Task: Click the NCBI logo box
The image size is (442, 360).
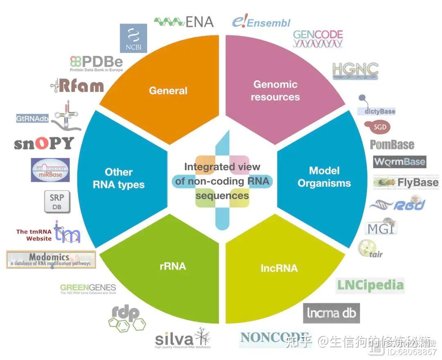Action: click(x=133, y=38)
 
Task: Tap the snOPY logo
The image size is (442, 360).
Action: click(x=44, y=143)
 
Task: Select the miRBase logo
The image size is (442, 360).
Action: click(x=50, y=170)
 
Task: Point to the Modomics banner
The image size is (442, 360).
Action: click(x=51, y=260)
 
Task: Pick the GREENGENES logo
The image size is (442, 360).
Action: click(x=88, y=288)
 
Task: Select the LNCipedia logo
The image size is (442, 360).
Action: click(x=370, y=285)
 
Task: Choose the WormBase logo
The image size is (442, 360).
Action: click(x=399, y=161)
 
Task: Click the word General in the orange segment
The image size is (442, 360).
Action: click(x=168, y=90)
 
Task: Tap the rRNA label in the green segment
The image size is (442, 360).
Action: click(x=172, y=266)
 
